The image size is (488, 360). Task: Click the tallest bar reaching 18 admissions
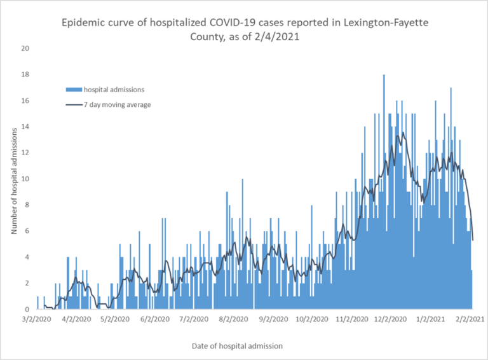[x=384, y=191]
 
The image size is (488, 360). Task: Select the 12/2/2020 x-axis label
[x=390, y=319]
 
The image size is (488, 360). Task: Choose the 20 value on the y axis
[x=25, y=48]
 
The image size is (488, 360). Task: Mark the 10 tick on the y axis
[x=25, y=179]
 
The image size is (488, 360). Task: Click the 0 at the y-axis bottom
[x=27, y=309]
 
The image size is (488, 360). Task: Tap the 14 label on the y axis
[x=25, y=127]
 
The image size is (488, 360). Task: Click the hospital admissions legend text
[x=114, y=90]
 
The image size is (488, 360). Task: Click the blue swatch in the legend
[x=74, y=90]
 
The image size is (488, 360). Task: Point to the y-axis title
[x=13, y=180]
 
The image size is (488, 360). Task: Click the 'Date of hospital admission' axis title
[x=237, y=346]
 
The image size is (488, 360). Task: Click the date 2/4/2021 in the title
[x=278, y=37]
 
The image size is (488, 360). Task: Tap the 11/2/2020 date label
[x=350, y=319]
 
